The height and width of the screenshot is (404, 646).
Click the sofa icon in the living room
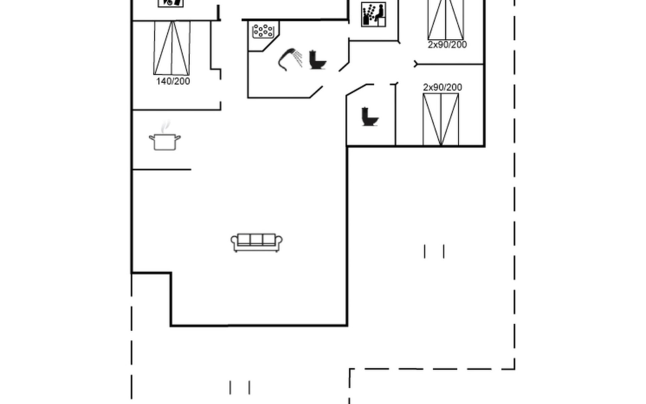click(256, 242)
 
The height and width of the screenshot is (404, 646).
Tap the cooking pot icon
click(165, 142)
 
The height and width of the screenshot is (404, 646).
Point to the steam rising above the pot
click(165, 127)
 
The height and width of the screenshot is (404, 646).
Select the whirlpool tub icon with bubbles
click(263, 31)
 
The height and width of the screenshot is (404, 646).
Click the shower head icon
click(286, 58)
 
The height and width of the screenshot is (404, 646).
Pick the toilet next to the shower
click(317, 60)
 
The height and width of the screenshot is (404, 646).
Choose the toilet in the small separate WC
click(369, 117)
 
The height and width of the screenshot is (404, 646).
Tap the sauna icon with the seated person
click(373, 14)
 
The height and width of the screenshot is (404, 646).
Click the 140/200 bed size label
click(173, 81)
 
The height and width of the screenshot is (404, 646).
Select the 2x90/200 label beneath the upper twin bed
click(447, 45)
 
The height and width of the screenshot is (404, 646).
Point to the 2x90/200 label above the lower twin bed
click(442, 88)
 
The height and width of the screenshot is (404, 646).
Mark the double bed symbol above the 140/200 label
click(172, 48)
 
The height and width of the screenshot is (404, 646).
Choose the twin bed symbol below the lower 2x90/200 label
click(441, 120)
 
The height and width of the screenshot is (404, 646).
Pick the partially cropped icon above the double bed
click(171, 3)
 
